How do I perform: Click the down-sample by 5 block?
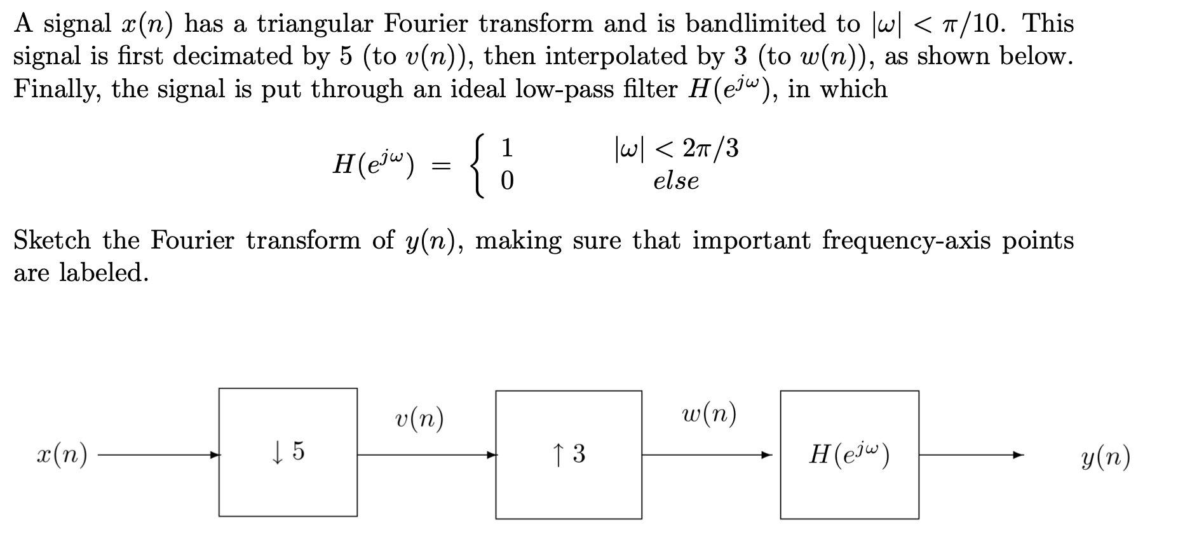288,452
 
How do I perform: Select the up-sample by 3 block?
568,455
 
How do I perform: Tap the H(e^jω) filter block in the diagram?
849,455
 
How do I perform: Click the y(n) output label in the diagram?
1105,456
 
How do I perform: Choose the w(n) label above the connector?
708,415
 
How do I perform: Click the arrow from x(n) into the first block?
159,455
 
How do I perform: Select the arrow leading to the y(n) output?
972,455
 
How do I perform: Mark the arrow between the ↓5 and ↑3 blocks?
426,455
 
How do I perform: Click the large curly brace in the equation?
479,165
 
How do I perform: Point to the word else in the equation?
676,182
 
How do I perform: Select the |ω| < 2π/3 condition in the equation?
676,149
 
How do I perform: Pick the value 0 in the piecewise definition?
507,182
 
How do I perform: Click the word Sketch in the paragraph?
52,240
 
